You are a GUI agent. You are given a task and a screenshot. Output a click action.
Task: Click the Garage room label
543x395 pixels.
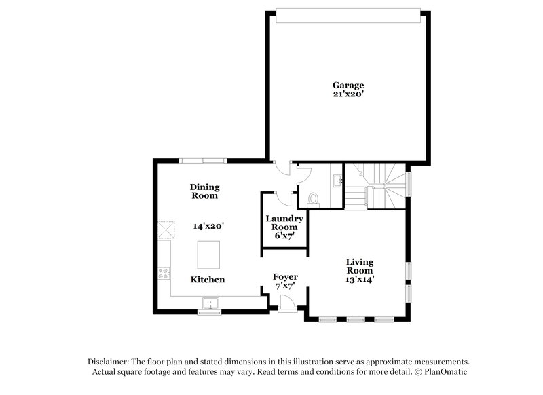click(x=348, y=86)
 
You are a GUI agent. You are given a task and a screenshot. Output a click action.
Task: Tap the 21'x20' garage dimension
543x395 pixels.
click(x=348, y=95)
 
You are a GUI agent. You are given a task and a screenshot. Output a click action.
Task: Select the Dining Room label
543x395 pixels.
click(x=204, y=191)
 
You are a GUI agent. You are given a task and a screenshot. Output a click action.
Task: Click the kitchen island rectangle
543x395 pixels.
click(x=210, y=255)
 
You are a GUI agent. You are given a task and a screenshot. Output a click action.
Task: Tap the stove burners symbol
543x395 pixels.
click(x=164, y=274)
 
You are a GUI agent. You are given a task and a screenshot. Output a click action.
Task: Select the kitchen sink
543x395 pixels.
click(x=212, y=304)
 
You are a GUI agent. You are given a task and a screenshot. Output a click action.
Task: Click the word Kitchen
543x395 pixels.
click(x=207, y=280)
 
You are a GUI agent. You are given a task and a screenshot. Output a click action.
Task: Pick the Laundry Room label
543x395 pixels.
click(x=284, y=223)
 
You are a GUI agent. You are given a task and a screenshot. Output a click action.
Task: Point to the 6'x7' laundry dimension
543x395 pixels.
click(x=284, y=236)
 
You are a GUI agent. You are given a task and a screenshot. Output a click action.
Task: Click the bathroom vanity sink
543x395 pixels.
click(x=337, y=181)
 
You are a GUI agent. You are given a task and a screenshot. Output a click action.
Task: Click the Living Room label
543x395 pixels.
click(x=360, y=266)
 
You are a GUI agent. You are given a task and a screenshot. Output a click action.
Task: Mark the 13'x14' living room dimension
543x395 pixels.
click(x=360, y=279)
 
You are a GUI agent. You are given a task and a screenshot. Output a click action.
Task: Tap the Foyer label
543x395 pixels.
click(x=285, y=276)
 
